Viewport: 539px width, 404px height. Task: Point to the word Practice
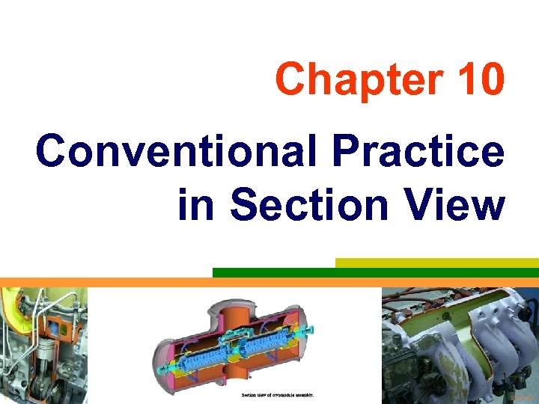(x=419, y=152)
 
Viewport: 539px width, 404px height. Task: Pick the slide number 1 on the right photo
(x=507, y=376)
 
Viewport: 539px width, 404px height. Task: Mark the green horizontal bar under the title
(x=374, y=272)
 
